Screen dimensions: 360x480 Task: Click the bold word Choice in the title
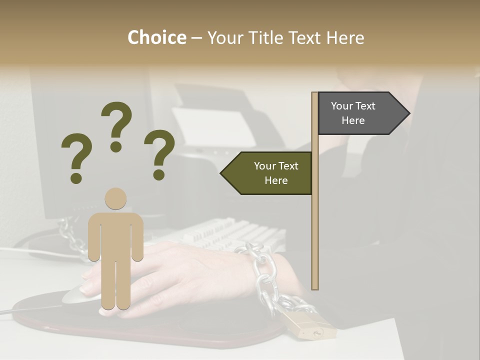[156, 37]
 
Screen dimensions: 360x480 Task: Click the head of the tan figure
[115, 198]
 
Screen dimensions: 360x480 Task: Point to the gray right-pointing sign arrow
[362, 113]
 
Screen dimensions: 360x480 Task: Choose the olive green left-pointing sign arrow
[267, 173]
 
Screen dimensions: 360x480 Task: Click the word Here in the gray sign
[353, 120]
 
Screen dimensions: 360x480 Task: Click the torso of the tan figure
[115, 235]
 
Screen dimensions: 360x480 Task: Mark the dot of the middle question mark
[116, 146]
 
